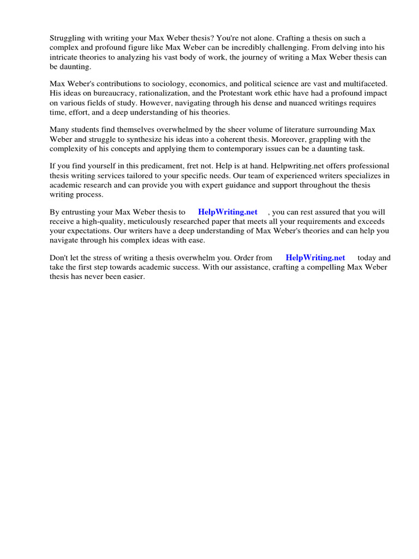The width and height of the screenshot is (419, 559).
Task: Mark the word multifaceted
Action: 361,84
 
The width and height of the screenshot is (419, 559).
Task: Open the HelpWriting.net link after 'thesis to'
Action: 228,212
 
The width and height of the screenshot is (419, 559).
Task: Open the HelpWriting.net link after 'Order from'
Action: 315,258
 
